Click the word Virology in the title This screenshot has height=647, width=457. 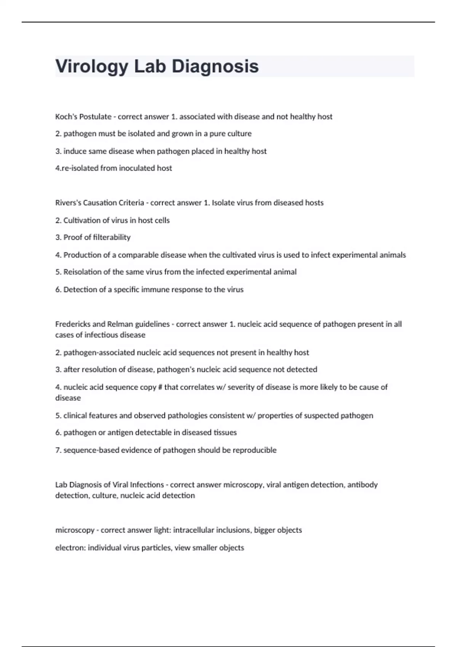pyautogui.click(x=92, y=67)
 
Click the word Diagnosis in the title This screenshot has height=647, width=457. pyautogui.click(x=215, y=67)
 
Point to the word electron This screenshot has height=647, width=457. pyautogui.click(x=70, y=548)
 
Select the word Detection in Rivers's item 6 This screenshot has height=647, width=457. pyautogui.click(x=80, y=289)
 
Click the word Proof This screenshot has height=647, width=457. pyautogui.click(x=72, y=237)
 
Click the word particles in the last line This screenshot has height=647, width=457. pyautogui.click(x=156, y=548)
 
